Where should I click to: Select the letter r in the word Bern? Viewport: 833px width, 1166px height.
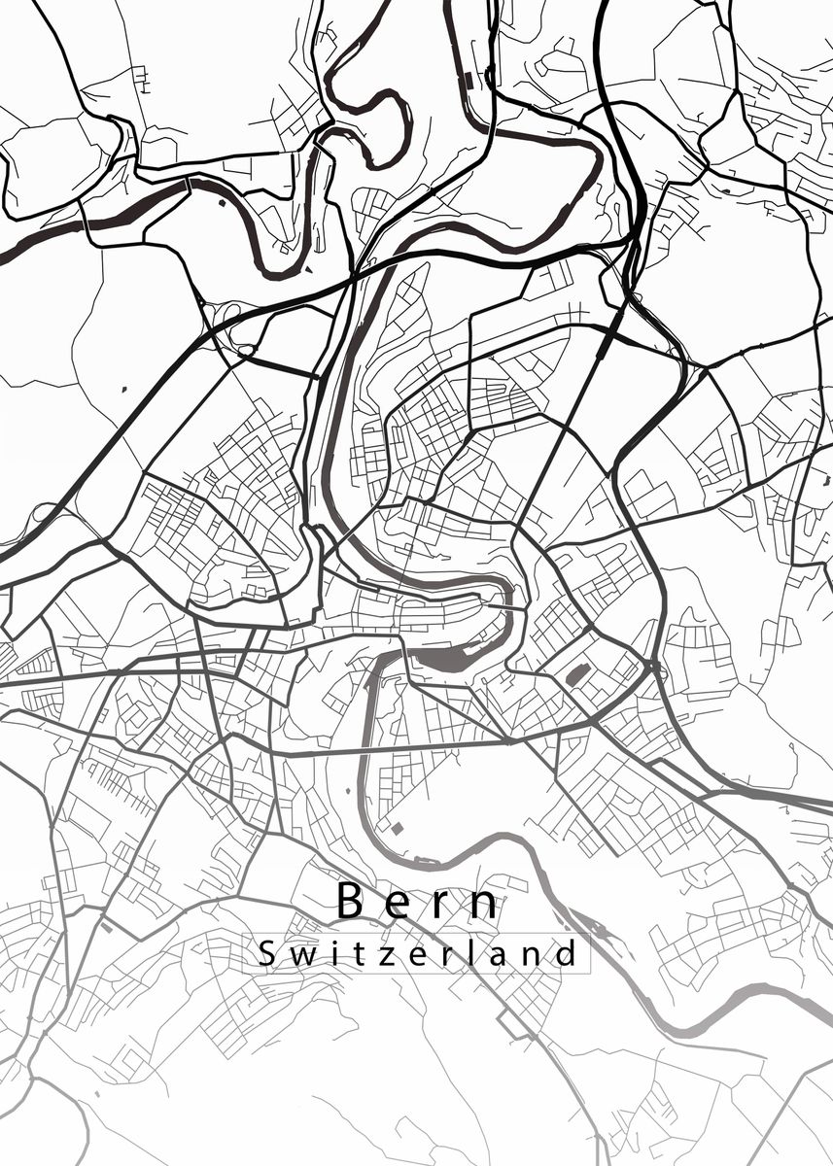pyautogui.click(x=442, y=906)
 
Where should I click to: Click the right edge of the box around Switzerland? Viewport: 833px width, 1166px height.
pyautogui.click(x=590, y=953)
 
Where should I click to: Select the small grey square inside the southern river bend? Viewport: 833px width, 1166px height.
pyautogui.click(x=397, y=827)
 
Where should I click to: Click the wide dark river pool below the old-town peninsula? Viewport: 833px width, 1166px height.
pyautogui.click(x=442, y=664)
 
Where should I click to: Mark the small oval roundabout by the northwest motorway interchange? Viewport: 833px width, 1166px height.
pyautogui.click(x=246, y=350)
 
